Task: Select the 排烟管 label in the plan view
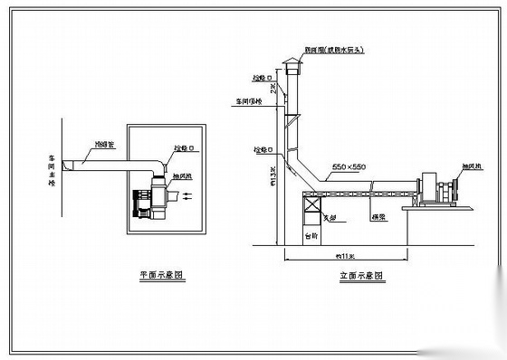pos(105,144)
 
